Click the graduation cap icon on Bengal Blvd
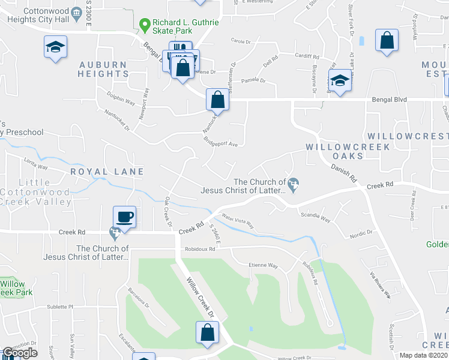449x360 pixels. click(339, 82)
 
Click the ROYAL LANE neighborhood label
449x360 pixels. click(107, 172)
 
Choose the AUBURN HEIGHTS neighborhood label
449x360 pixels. click(103, 69)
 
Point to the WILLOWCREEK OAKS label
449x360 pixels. click(348, 151)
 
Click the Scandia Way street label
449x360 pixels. click(316, 217)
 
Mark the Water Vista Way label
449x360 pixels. click(238, 222)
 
